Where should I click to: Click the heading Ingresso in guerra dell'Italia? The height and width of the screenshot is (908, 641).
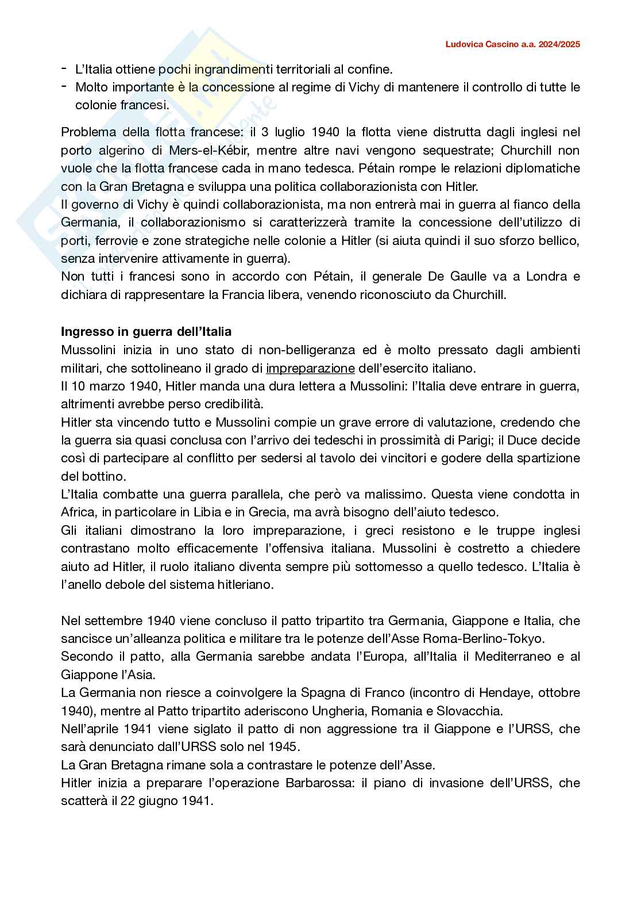click(146, 332)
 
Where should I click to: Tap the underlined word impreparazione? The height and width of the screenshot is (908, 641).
click(310, 368)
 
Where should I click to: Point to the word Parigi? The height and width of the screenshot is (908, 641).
click(505, 440)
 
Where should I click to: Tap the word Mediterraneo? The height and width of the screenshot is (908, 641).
click(512, 657)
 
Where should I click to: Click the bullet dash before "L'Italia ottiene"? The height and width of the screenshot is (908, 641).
click(64, 69)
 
